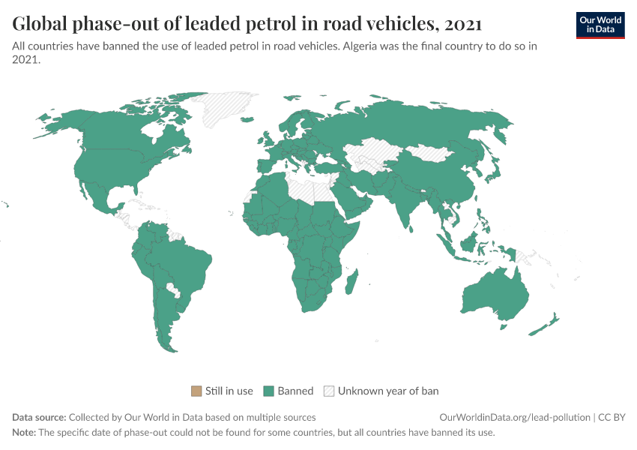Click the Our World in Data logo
point(600,25)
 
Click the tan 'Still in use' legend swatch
point(196,391)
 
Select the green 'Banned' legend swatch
point(269,391)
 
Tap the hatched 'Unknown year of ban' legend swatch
point(329,391)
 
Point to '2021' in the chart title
point(462,24)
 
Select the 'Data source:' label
point(39,417)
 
